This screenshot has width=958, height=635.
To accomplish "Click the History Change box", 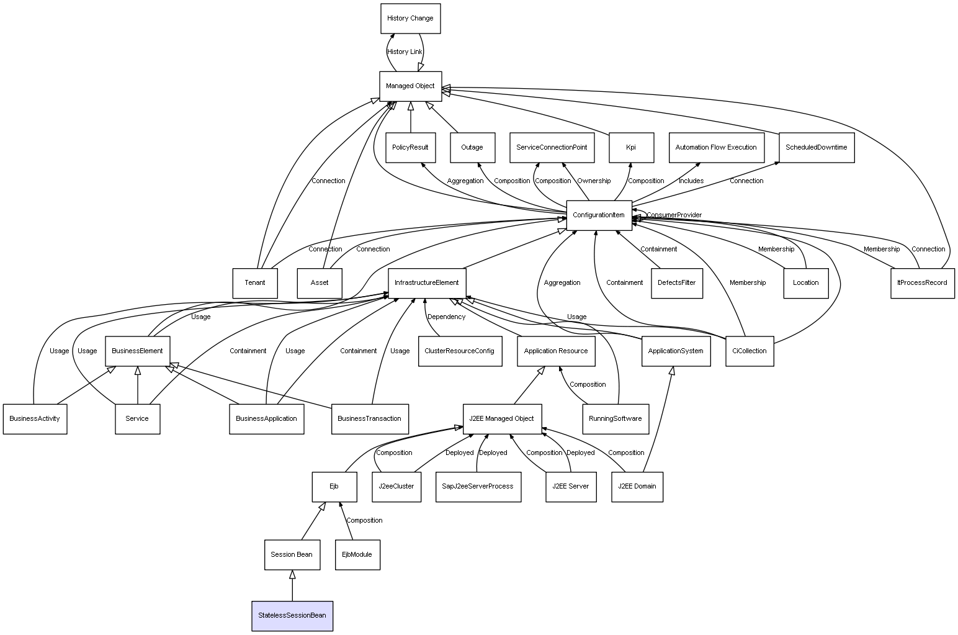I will click(x=410, y=19).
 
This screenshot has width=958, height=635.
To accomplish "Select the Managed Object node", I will click(x=410, y=86).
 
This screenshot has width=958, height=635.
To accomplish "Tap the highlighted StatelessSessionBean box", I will click(x=292, y=616).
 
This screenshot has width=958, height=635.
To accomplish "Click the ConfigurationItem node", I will click(x=599, y=215).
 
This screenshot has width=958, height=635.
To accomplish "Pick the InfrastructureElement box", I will click(x=426, y=283).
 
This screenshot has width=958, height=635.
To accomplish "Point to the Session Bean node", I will click(x=292, y=554).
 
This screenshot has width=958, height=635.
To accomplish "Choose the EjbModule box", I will click(x=357, y=554).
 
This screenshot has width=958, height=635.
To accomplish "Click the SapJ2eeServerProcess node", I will click(x=478, y=486).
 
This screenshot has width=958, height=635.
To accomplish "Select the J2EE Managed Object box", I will click(x=502, y=418).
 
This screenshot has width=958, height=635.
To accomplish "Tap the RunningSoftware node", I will click(x=615, y=418).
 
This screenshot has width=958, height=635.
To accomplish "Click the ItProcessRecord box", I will click(x=922, y=283).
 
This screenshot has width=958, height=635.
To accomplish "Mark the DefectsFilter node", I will click(x=677, y=283).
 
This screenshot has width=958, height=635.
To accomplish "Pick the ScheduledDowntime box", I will click(x=816, y=148).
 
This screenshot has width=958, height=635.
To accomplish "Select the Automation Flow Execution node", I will click(x=716, y=148).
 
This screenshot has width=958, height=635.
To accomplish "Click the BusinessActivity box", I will click(x=35, y=418).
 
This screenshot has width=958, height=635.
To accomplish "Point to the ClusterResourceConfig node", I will click(x=459, y=351).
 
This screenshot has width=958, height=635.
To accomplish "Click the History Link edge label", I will click(x=405, y=52).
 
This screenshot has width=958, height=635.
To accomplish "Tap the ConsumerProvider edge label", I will click(x=674, y=215).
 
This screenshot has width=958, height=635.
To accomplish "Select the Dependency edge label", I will click(x=446, y=317).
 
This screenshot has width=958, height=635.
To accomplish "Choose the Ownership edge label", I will click(x=594, y=181).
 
